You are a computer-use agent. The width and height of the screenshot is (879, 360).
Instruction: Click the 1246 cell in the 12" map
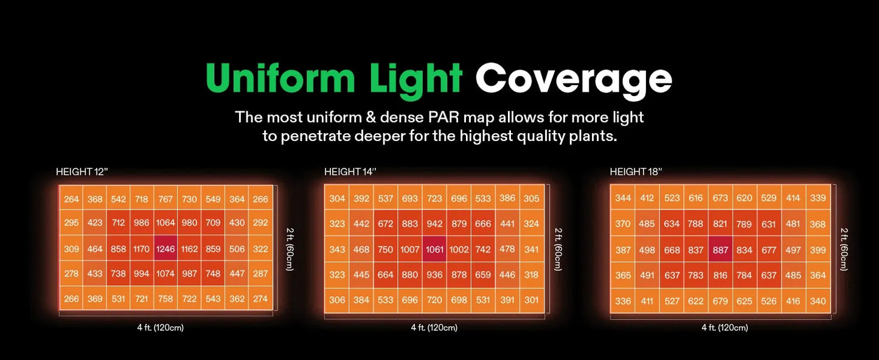[165, 249]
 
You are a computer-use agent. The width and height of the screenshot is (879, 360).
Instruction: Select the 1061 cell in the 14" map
[434, 249]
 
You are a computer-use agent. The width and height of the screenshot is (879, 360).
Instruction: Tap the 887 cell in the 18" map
[720, 250]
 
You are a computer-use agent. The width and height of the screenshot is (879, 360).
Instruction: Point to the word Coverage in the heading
[573, 80]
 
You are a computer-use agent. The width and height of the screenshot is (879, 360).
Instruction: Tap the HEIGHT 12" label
[82, 172]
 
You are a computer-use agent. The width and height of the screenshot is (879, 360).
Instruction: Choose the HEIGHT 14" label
[350, 172]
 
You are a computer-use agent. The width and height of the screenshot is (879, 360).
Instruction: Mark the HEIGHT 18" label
[636, 172]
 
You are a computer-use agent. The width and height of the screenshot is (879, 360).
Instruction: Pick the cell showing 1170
[141, 249]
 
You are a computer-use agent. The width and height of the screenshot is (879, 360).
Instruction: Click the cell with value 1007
[410, 249]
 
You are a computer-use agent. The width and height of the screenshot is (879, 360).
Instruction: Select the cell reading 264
[71, 199]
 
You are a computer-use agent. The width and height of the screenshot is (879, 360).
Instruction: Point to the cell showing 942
[434, 224]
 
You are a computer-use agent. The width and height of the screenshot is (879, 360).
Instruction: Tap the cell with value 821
[720, 224]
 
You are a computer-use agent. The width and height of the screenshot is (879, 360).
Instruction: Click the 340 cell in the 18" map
[818, 301]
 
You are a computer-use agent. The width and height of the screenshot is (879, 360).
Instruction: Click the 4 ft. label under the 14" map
[434, 328]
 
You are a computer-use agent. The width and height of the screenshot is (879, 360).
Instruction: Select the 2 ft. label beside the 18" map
[844, 249]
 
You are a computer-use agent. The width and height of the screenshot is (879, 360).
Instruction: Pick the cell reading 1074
[165, 274]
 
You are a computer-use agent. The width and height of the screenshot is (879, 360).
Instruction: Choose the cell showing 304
[337, 198]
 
